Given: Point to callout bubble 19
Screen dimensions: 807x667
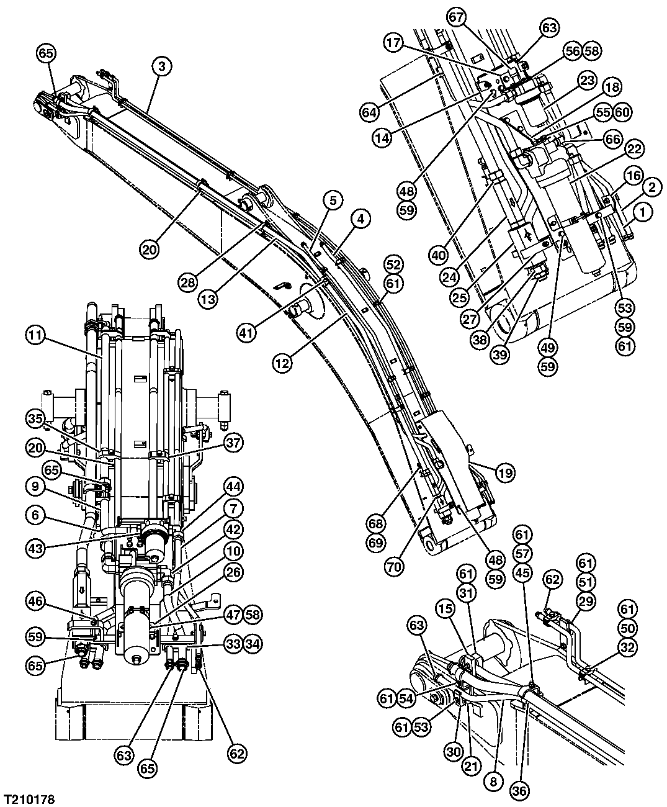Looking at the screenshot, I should tap(506, 472).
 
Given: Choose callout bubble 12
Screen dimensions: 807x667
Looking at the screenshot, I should tap(283, 363).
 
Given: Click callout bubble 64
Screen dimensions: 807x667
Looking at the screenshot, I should tap(371, 113).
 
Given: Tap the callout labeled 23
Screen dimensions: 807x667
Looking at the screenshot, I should tap(587, 80).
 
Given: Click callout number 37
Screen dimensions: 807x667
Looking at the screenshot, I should tap(234, 443).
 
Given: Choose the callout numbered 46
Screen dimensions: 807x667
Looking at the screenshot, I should tap(36, 600).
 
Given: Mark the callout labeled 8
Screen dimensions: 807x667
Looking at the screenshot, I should tap(494, 782).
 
